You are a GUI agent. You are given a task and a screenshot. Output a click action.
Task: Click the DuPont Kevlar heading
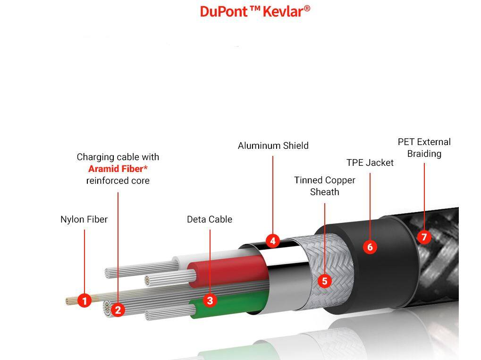[x=255, y=11]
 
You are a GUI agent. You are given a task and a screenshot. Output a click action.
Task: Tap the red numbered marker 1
[x=84, y=300]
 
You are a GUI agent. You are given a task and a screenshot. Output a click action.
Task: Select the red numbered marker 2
[x=118, y=310]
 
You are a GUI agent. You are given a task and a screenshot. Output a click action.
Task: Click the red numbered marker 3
[x=210, y=300]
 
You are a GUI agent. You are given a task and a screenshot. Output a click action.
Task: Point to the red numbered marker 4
[x=272, y=240]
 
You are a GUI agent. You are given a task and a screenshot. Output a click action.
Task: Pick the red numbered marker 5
[x=324, y=281]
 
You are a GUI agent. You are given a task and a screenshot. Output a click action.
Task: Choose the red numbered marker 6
[x=370, y=247]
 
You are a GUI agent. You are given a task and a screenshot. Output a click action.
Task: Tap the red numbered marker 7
[x=424, y=237]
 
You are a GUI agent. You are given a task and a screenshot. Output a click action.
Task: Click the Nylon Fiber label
[x=84, y=219]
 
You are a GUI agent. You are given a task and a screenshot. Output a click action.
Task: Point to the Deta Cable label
[x=210, y=219]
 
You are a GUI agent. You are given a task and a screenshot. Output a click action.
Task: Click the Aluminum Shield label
[x=273, y=146]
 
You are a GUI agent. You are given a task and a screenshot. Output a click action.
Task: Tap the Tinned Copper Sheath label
[x=324, y=186]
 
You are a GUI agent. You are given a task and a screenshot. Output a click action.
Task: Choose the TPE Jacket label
[x=370, y=163]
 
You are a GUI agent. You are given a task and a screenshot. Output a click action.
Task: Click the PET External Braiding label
[x=424, y=147]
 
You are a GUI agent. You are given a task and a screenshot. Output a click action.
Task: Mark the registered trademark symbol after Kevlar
[x=307, y=8]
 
